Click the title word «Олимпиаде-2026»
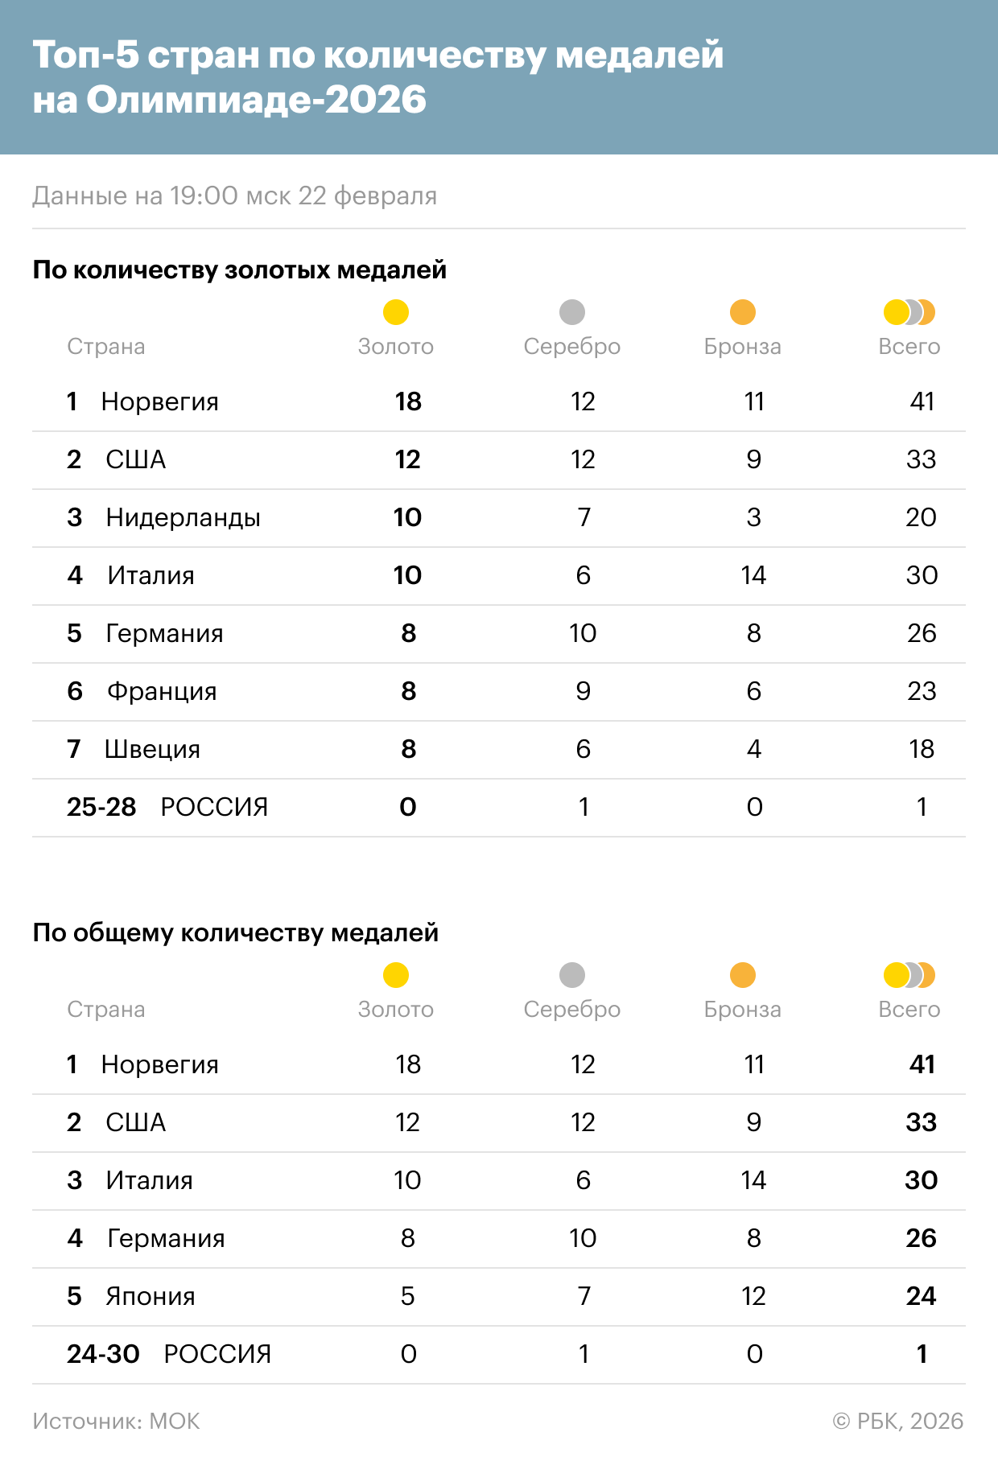coord(256,100)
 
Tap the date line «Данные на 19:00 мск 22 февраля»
coord(234,195)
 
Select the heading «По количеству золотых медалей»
coord(239,270)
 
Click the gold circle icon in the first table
coord(396,312)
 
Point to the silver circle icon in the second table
coord(572,975)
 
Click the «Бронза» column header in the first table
coord(742,347)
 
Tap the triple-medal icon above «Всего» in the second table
coord(909,975)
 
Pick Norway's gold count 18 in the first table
coord(408,401)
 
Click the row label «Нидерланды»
coord(183,517)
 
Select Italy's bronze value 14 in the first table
coord(753,575)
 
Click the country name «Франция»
coord(162,691)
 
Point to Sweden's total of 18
coord(922,749)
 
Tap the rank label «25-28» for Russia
coord(101,807)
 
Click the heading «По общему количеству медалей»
coord(235,932)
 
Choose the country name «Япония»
coord(151,1296)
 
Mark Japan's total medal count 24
coord(921,1296)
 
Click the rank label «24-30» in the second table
coord(103,1354)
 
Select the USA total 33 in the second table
coord(921,1122)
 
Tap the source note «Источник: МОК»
coord(116,1422)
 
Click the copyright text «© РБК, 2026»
coord(897,1422)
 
